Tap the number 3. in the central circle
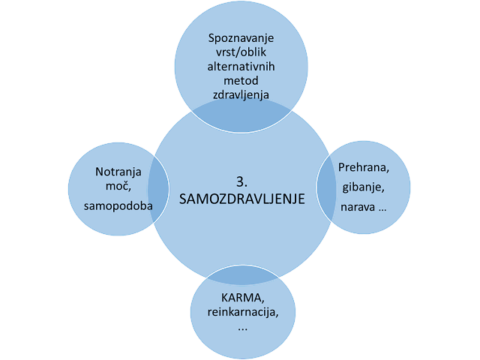[240, 181]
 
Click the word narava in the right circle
[355, 205]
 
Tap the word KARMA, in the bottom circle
[240, 298]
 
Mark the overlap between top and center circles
[240, 111]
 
